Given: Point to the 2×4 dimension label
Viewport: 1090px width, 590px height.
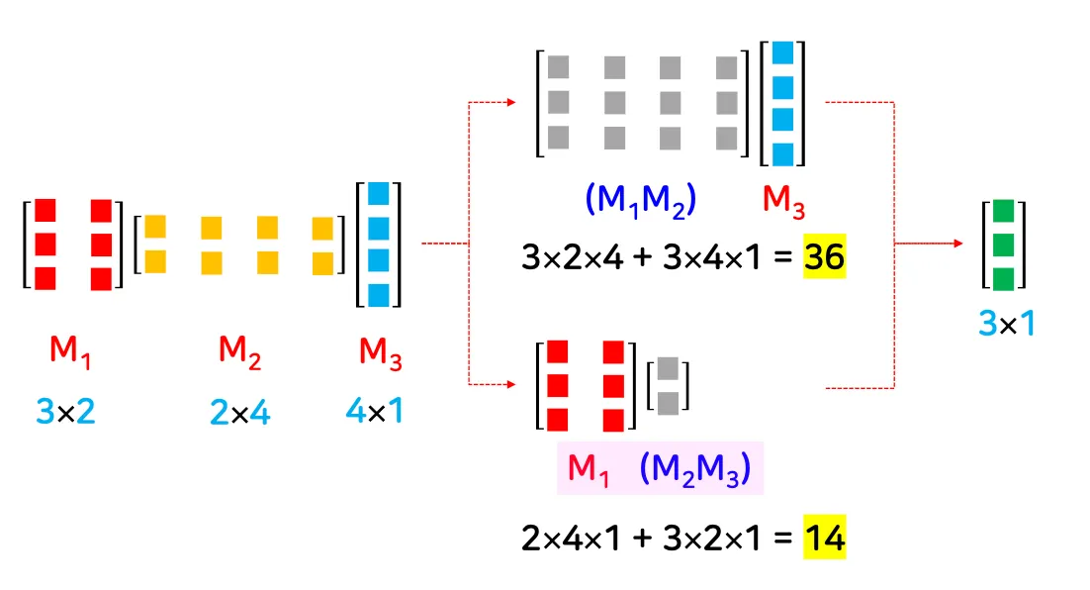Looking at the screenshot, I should (x=240, y=410).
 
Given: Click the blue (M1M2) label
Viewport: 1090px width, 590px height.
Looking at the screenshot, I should (x=641, y=201).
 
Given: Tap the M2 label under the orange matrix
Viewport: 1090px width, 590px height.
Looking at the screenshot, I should (x=240, y=351).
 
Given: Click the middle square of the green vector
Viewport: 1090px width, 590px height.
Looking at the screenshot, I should (x=1004, y=244).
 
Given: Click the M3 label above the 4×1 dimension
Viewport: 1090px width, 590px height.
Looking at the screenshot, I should (x=380, y=351).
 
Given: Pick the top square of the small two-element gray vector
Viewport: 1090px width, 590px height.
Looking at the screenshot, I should (x=668, y=368).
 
